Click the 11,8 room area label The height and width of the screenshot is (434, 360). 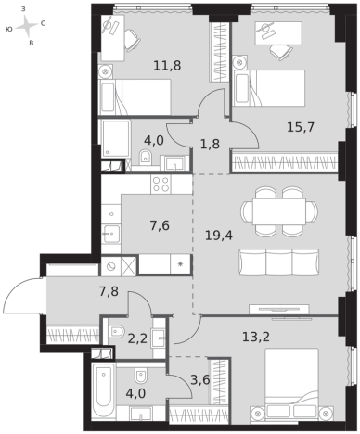[167, 66]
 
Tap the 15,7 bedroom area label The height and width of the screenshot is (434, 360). [301, 127]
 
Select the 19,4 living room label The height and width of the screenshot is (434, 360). [219, 236]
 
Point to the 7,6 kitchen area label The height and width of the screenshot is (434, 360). [160, 226]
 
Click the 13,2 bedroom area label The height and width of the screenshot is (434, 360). [256, 337]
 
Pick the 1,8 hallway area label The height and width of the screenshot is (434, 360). [210, 144]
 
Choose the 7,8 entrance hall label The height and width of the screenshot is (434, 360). [109, 291]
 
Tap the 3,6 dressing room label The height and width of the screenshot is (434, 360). [200, 380]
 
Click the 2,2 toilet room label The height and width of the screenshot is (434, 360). [137, 339]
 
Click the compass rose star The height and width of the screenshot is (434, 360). [27, 26]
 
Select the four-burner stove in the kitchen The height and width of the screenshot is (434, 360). [161, 185]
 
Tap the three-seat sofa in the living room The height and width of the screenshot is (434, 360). [279, 263]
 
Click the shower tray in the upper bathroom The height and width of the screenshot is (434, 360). [115, 138]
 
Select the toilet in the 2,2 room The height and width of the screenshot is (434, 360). [115, 331]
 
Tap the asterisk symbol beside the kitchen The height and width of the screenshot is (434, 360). [181, 264]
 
